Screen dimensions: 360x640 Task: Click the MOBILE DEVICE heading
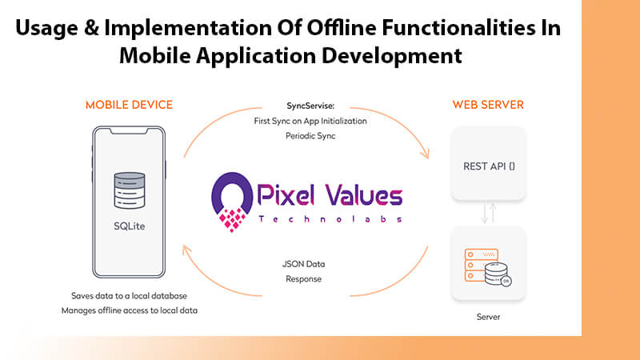point(128,105)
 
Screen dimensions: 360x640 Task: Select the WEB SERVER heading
point(487,105)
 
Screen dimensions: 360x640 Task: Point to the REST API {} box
point(487,167)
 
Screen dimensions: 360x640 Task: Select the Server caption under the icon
point(487,317)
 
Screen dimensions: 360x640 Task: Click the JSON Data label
point(305,263)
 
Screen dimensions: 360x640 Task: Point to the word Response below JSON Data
point(305,278)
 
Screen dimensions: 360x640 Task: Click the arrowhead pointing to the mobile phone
point(189,250)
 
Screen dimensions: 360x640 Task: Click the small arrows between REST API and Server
point(487,214)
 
